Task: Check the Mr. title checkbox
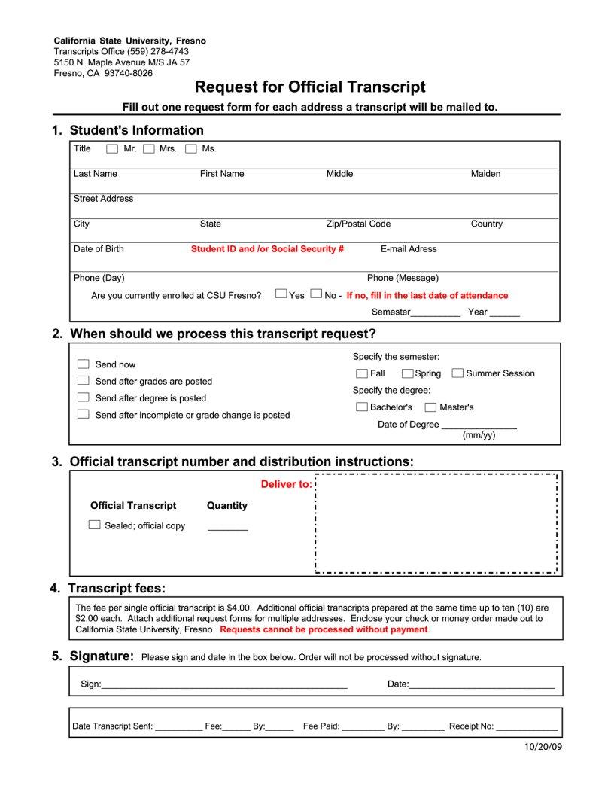(112, 149)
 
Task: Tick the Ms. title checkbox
(191, 149)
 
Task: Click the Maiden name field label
(485, 174)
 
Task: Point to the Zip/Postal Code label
(358, 224)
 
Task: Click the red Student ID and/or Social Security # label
(267, 249)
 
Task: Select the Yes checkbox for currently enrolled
(281, 294)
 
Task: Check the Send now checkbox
(84, 364)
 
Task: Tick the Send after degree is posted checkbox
(84, 397)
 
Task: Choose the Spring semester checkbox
(407, 373)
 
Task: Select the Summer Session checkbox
(457, 373)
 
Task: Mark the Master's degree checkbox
(430, 407)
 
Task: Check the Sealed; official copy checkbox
(95, 525)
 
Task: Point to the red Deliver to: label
(286, 484)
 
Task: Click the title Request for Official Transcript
(310, 87)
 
